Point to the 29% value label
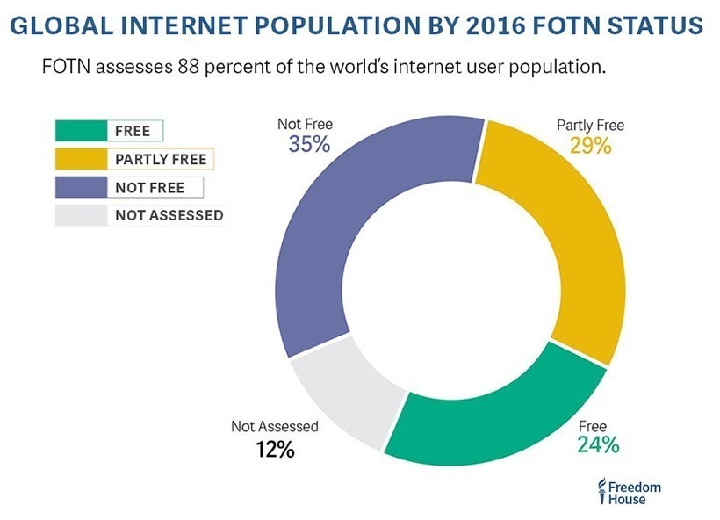(590, 146)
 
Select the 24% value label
(598, 445)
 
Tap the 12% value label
(275, 451)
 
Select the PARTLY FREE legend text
(161, 160)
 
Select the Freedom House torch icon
(601, 493)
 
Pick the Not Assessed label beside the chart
(275, 427)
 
